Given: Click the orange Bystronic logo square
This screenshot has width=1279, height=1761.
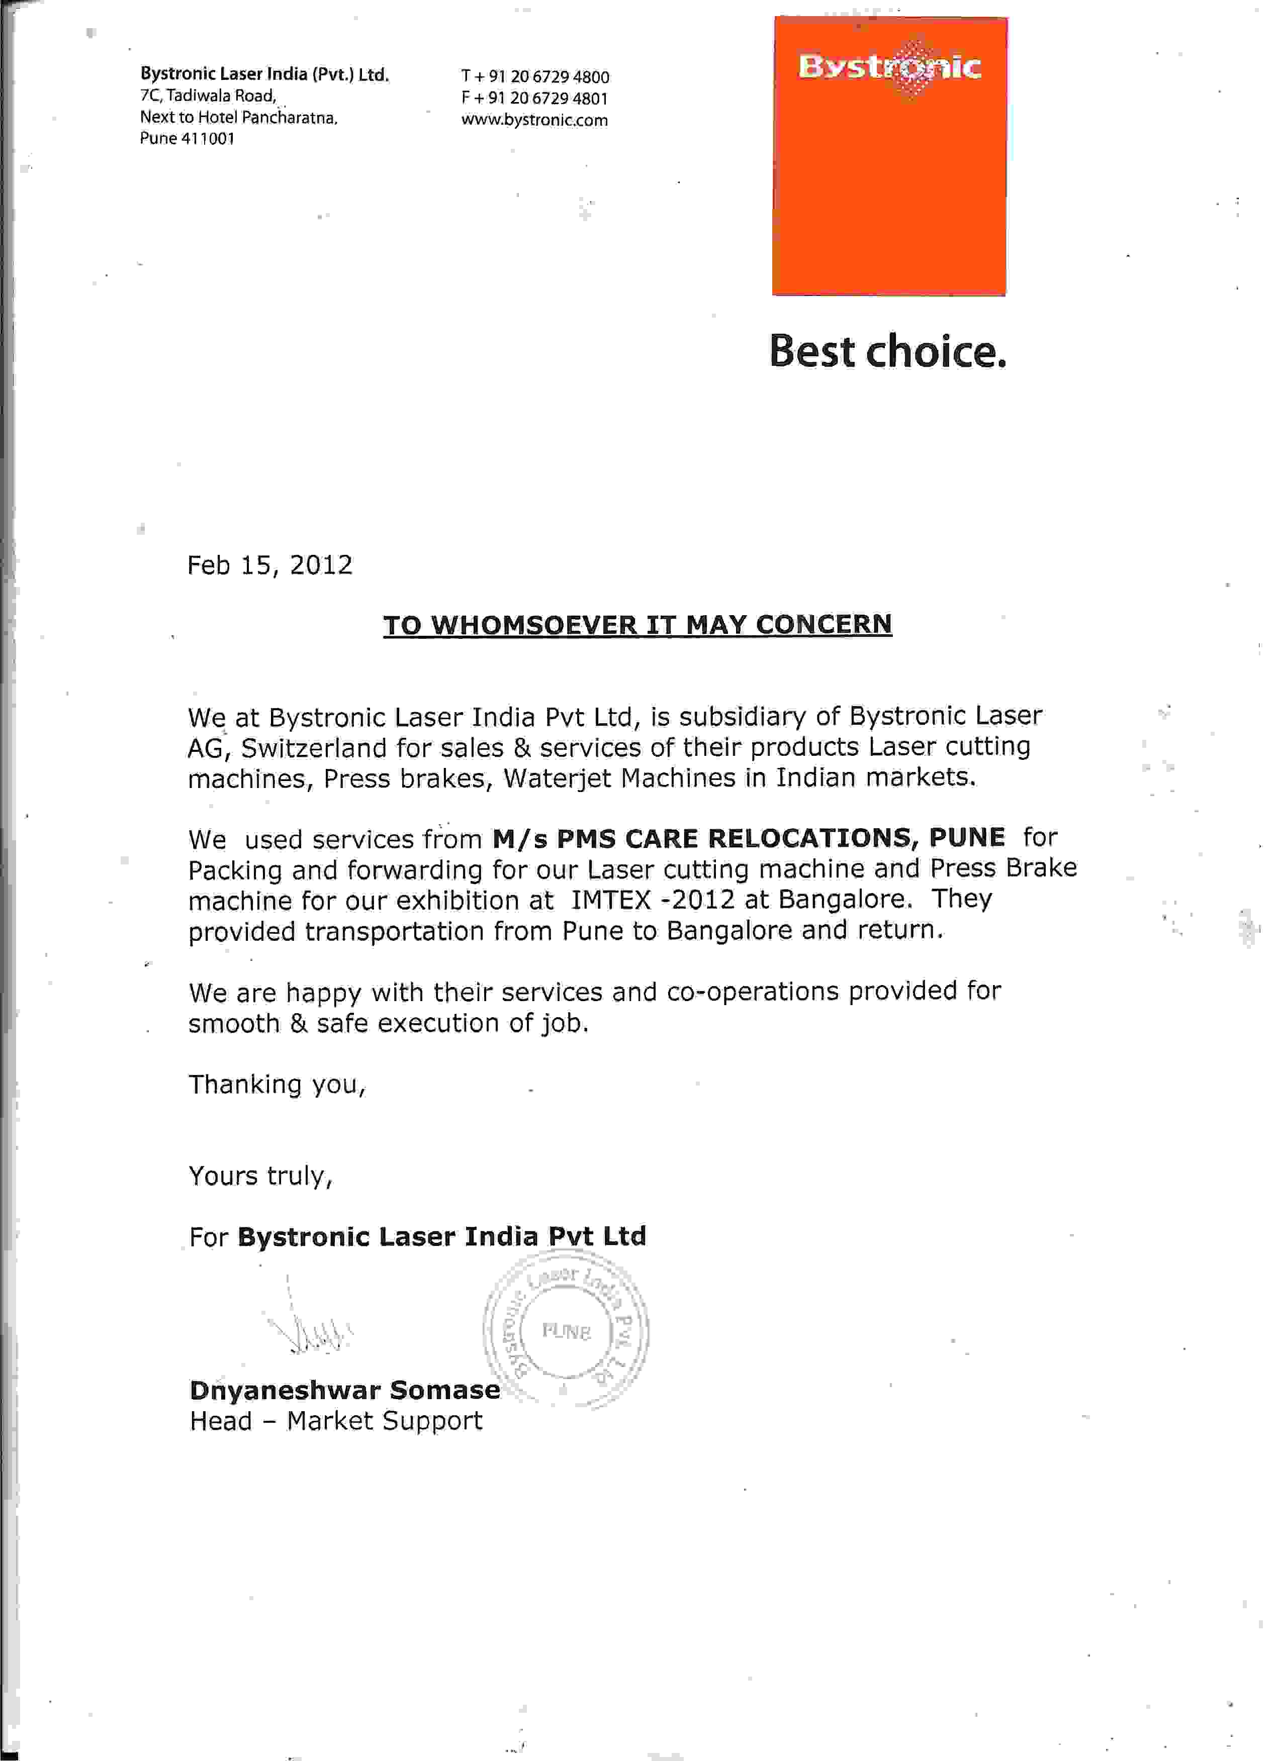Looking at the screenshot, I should tap(889, 155).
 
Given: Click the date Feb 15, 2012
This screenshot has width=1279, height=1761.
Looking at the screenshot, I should tap(269, 564).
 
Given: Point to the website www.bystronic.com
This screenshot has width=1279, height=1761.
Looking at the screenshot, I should tap(534, 120).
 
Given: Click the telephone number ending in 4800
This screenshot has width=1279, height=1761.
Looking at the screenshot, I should tap(535, 77).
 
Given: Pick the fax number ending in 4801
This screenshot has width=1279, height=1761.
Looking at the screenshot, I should tap(534, 99).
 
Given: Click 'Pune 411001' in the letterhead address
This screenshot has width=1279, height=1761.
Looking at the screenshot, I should tap(187, 139).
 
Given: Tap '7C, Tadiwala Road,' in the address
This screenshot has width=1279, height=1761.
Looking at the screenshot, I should tap(208, 96).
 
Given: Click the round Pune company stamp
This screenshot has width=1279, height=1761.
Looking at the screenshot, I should tap(566, 1332).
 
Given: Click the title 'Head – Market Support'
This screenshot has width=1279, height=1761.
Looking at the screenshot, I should tap(335, 1421).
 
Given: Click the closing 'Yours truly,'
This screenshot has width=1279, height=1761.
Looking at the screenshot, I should tap(260, 1177).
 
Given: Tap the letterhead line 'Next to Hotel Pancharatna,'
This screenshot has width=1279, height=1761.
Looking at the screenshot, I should tap(238, 118).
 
